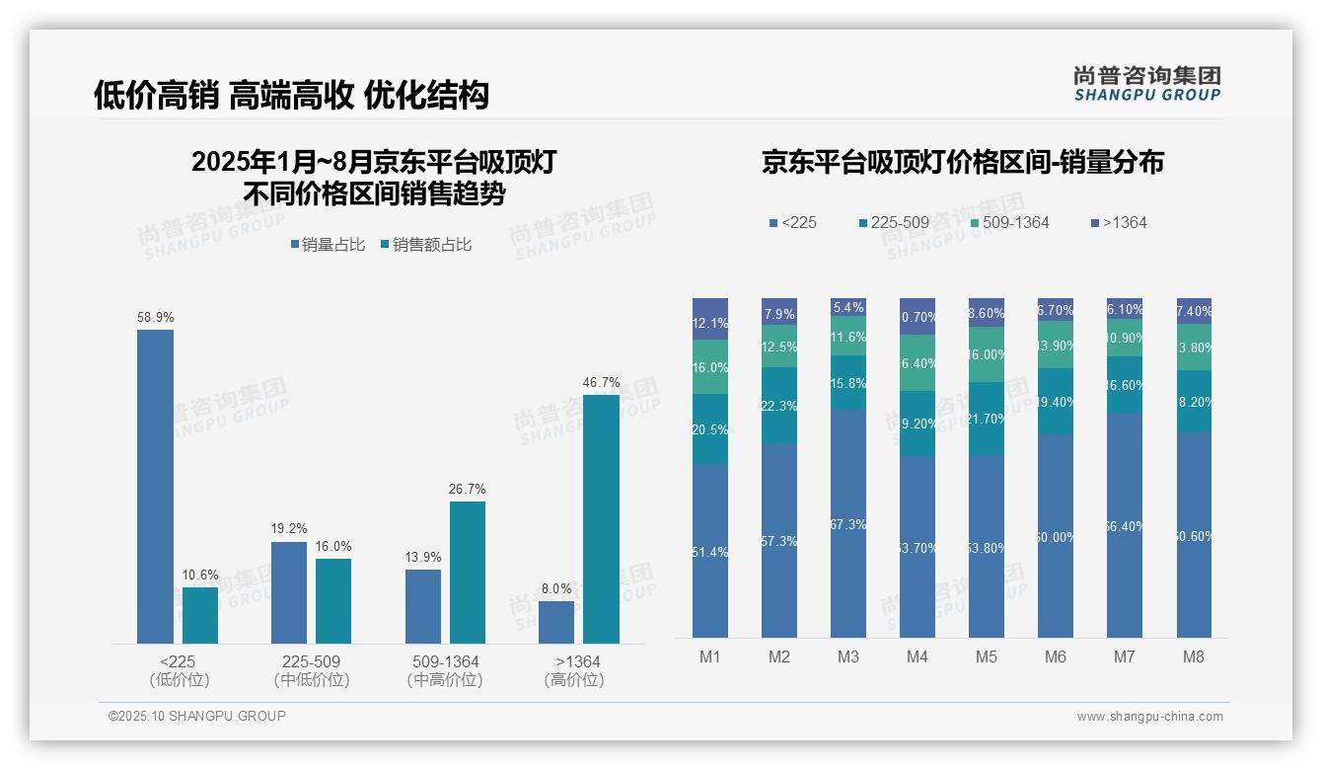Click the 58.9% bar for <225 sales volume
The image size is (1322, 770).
(x=155, y=486)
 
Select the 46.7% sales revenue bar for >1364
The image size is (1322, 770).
(x=601, y=518)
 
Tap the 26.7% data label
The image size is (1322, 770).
(x=467, y=490)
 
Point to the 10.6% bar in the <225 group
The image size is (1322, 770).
(x=200, y=615)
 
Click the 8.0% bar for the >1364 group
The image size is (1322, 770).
(x=556, y=622)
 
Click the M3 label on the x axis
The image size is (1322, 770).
(x=847, y=657)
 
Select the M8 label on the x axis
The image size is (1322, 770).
(x=1194, y=657)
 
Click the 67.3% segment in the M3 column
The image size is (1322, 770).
(x=848, y=523)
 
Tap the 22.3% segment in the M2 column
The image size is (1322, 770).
(x=779, y=406)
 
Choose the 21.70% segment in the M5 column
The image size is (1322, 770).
(x=987, y=419)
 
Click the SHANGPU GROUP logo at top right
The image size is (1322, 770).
(x=1146, y=84)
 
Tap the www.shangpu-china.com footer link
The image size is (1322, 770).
(x=1149, y=717)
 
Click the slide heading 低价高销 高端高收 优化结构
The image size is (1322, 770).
(x=291, y=96)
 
